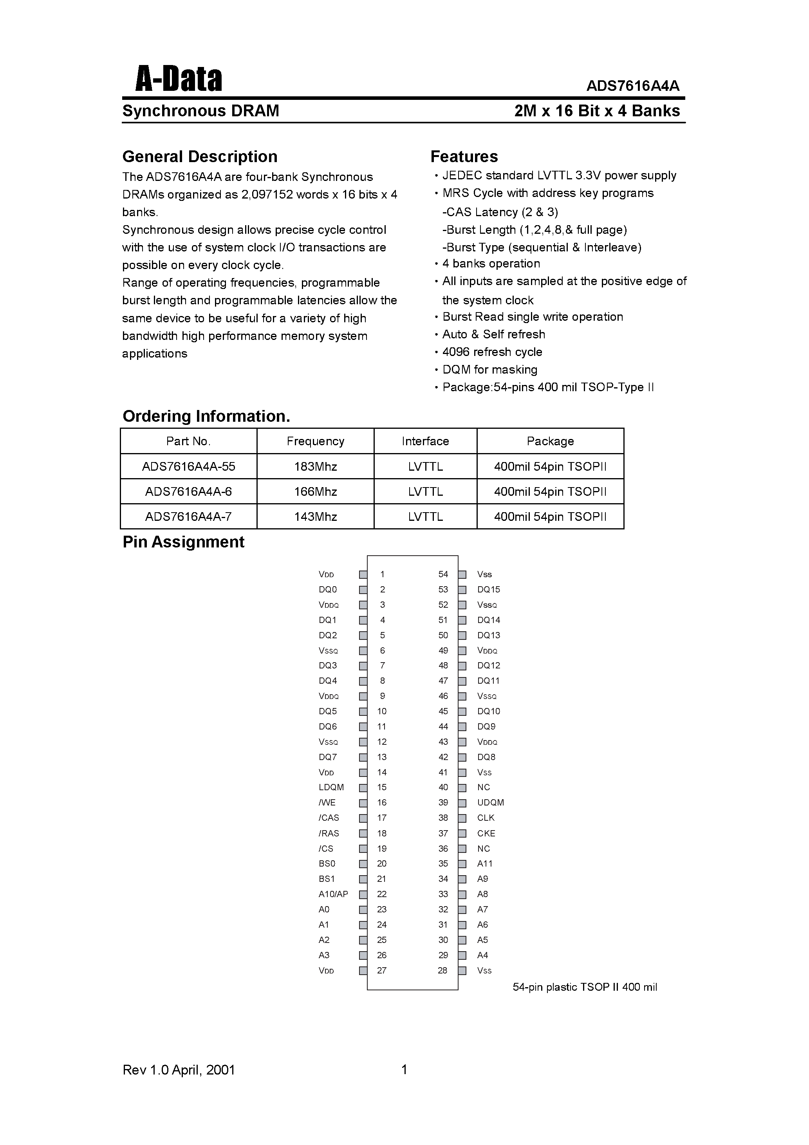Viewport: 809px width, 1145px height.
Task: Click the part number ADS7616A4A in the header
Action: [x=632, y=86]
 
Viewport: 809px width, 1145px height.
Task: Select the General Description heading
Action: [x=199, y=157]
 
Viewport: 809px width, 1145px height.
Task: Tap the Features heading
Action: [x=464, y=157]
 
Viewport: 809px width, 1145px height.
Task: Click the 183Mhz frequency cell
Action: [x=315, y=467]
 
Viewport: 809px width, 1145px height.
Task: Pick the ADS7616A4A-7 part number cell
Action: [x=188, y=517]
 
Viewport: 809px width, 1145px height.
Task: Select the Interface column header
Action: [x=425, y=441]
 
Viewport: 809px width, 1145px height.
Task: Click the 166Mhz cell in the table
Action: [x=315, y=492]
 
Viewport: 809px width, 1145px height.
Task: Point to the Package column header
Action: [x=550, y=441]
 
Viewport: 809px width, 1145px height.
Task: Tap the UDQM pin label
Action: [x=490, y=803]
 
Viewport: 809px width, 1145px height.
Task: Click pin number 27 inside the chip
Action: [x=381, y=970]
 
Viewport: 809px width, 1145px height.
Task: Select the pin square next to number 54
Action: [x=462, y=574]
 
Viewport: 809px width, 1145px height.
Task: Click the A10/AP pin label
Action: [x=333, y=894]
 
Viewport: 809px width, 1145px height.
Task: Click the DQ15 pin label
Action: [x=488, y=589]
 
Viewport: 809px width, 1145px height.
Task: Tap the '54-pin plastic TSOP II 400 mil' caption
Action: [x=585, y=987]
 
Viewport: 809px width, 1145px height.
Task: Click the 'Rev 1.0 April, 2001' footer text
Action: [x=179, y=1070]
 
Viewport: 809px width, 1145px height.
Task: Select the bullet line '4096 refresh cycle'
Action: [x=492, y=352]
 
